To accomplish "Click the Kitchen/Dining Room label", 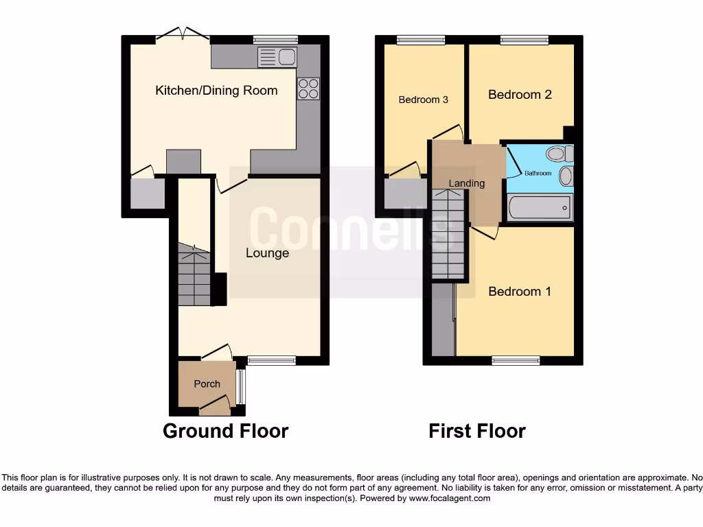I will pyautogui.click(x=216, y=90).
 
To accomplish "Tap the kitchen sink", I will pyautogui.click(x=276, y=57).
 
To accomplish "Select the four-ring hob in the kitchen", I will pyautogui.click(x=308, y=89).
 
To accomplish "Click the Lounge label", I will pyautogui.click(x=267, y=253).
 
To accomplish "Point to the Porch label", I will pyautogui.click(x=207, y=384).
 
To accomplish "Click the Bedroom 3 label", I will pyautogui.click(x=424, y=99).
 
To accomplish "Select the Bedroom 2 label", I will pyautogui.click(x=520, y=95).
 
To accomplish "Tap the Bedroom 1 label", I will pyautogui.click(x=520, y=292).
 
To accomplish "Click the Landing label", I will pyautogui.click(x=467, y=183).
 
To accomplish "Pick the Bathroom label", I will pyautogui.click(x=538, y=173).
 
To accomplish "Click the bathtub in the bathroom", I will pyautogui.click(x=539, y=207).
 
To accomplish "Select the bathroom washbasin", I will pyautogui.click(x=566, y=176).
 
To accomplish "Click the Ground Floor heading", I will pyautogui.click(x=225, y=431).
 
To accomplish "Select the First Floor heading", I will pyautogui.click(x=477, y=431).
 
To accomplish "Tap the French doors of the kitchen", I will pyautogui.click(x=183, y=34).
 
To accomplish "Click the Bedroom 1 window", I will pyautogui.click(x=516, y=360).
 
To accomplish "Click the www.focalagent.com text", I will pyautogui.click(x=450, y=499).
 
